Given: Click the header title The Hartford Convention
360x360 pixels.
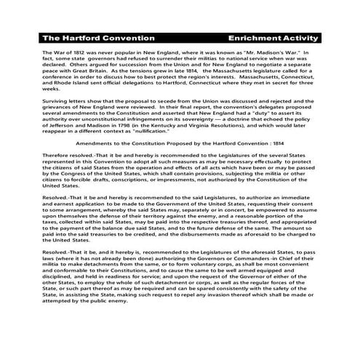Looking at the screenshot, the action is pyautogui.click(x=98, y=37).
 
